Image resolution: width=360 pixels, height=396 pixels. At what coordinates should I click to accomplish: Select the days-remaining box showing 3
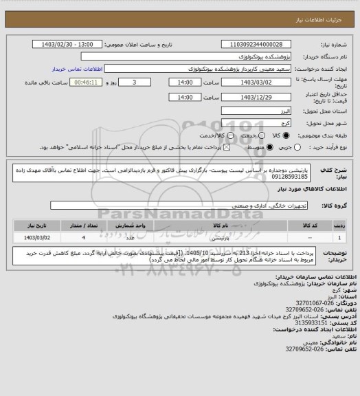(x=132, y=82)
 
